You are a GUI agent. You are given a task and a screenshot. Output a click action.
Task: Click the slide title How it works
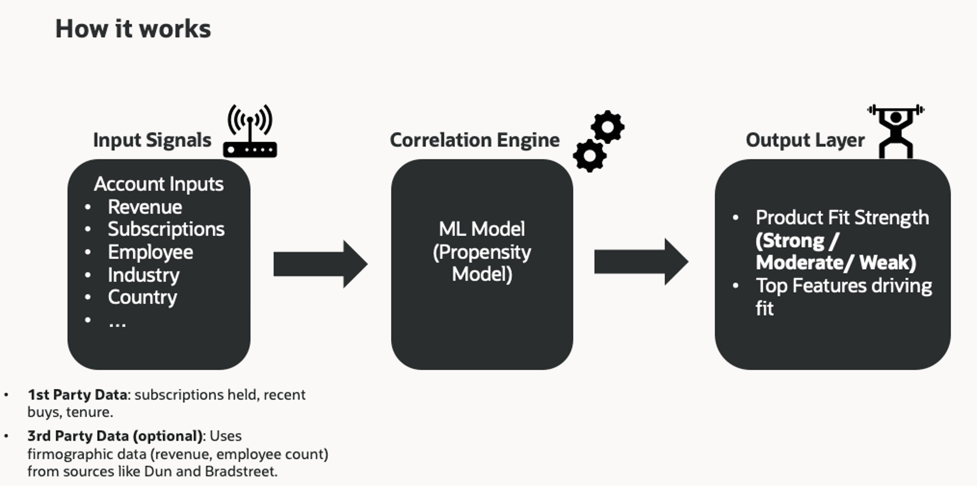[133, 29]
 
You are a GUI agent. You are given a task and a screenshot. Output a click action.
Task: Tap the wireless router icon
[250, 132]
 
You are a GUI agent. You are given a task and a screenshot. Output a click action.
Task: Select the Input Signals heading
[152, 140]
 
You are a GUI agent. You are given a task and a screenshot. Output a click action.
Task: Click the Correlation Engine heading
[474, 140]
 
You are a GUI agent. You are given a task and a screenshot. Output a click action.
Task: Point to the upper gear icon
[608, 127]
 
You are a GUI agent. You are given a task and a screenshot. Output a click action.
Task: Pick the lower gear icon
[590, 156]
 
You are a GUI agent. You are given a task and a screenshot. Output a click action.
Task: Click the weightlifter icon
[895, 131]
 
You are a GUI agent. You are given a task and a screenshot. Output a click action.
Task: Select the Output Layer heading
[805, 140]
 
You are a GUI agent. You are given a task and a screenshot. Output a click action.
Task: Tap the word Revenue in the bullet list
[145, 207]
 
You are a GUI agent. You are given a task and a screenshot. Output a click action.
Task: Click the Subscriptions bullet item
[166, 229]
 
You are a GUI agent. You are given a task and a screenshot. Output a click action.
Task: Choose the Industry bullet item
[144, 275]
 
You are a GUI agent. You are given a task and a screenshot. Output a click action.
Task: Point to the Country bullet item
[142, 297]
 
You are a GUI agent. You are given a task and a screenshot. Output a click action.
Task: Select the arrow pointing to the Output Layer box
[641, 262]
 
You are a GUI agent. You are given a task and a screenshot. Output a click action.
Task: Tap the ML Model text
[481, 229]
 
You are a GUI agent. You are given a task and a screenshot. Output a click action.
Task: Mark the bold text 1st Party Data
[77, 395]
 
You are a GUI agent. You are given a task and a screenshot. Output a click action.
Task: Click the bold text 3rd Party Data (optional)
[115, 436]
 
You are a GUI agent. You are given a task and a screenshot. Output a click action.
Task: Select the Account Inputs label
[159, 184]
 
